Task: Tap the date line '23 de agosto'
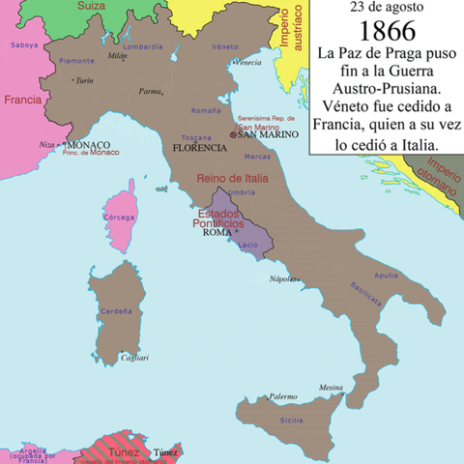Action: [386, 8]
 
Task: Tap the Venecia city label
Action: [247, 63]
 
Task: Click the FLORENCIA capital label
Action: [200, 148]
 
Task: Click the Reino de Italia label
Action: [233, 179]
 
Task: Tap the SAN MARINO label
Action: [265, 135]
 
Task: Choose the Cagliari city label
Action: [133, 359]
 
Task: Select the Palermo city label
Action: [283, 396]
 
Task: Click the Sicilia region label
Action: [292, 420]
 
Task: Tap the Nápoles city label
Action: [282, 277]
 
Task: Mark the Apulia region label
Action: [387, 275]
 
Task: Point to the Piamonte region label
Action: [77, 60]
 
